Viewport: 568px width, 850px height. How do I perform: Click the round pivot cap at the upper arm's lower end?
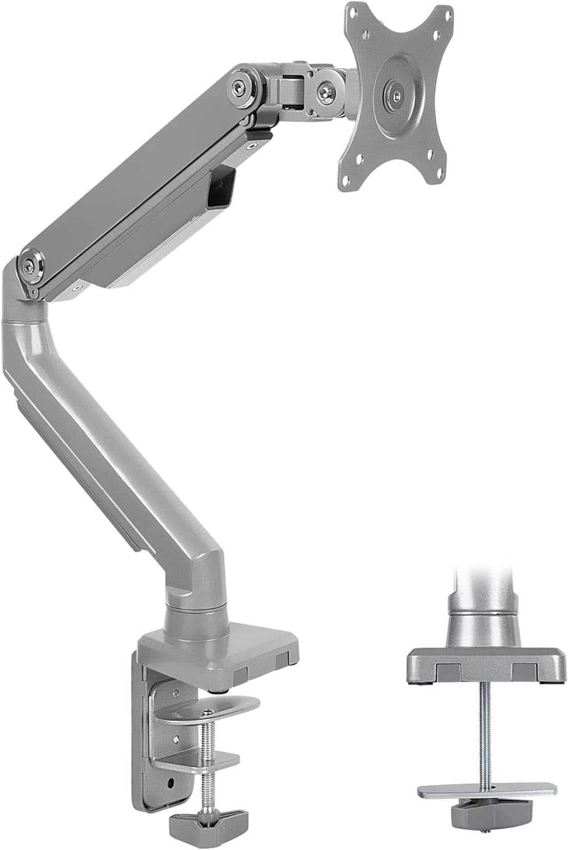point(28,266)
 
